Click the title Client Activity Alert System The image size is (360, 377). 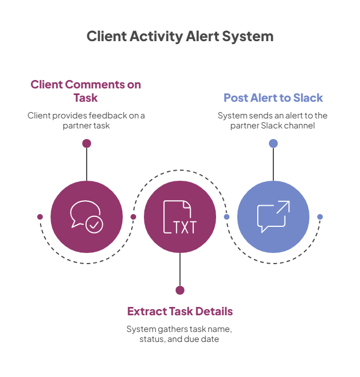point(180,37)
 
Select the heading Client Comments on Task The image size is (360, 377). point(86,91)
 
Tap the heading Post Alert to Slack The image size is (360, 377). point(273,98)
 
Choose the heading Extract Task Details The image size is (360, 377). point(179,311)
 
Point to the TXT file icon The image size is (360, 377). point(179,216)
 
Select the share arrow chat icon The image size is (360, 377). point(273,216)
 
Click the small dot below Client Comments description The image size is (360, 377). point(86,143)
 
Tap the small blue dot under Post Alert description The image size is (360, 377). point(273,143)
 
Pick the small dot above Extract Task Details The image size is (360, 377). point(179,290)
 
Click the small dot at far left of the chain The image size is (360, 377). point(39,216)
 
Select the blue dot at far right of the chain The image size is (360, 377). point(320,216)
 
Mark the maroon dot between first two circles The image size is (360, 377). point(133,216)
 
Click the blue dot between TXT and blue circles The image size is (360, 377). point(227,216)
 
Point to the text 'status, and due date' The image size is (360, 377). point(179,339)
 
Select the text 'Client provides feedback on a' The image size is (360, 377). point(86,116)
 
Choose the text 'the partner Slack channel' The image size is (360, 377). point(273,126)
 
